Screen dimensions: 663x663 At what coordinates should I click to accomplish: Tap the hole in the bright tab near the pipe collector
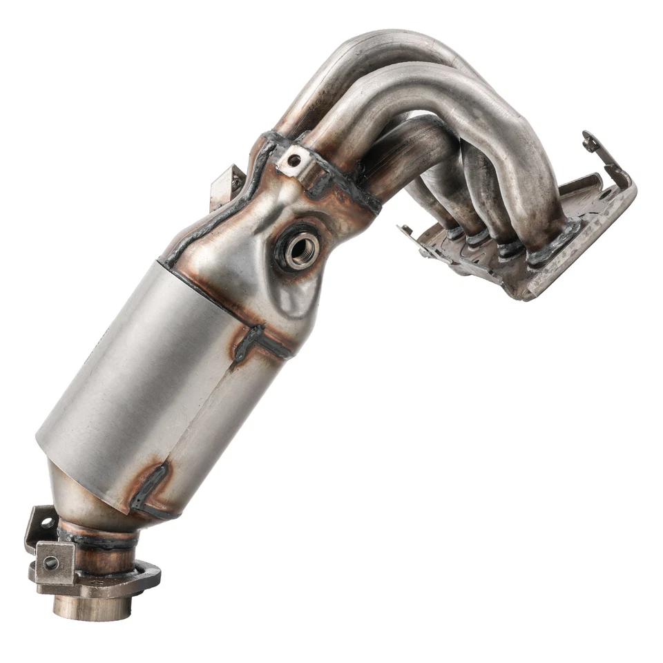tap(295, 161)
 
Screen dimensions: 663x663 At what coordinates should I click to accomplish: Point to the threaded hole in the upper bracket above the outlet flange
tap(46, 523)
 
